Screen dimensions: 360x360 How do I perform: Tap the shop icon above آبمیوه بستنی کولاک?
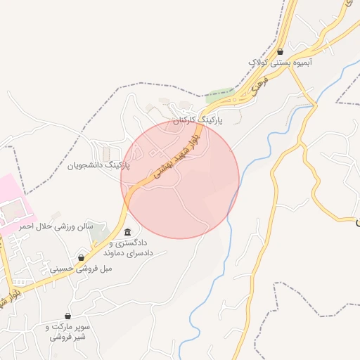pyautogui.click(x=281, y=51)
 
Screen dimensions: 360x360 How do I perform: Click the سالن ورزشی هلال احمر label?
pyautogui.click(x=56, y=226)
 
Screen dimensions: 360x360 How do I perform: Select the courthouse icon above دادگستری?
pyautogui.click(x=127, y=233)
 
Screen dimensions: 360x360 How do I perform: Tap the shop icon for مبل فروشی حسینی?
pyautogui.click(x=82, y=258)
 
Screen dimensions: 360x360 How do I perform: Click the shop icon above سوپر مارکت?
pyautogui.click(x=67, y=316)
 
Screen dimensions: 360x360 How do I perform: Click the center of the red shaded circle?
pyautogui.click(x=180, y=179)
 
